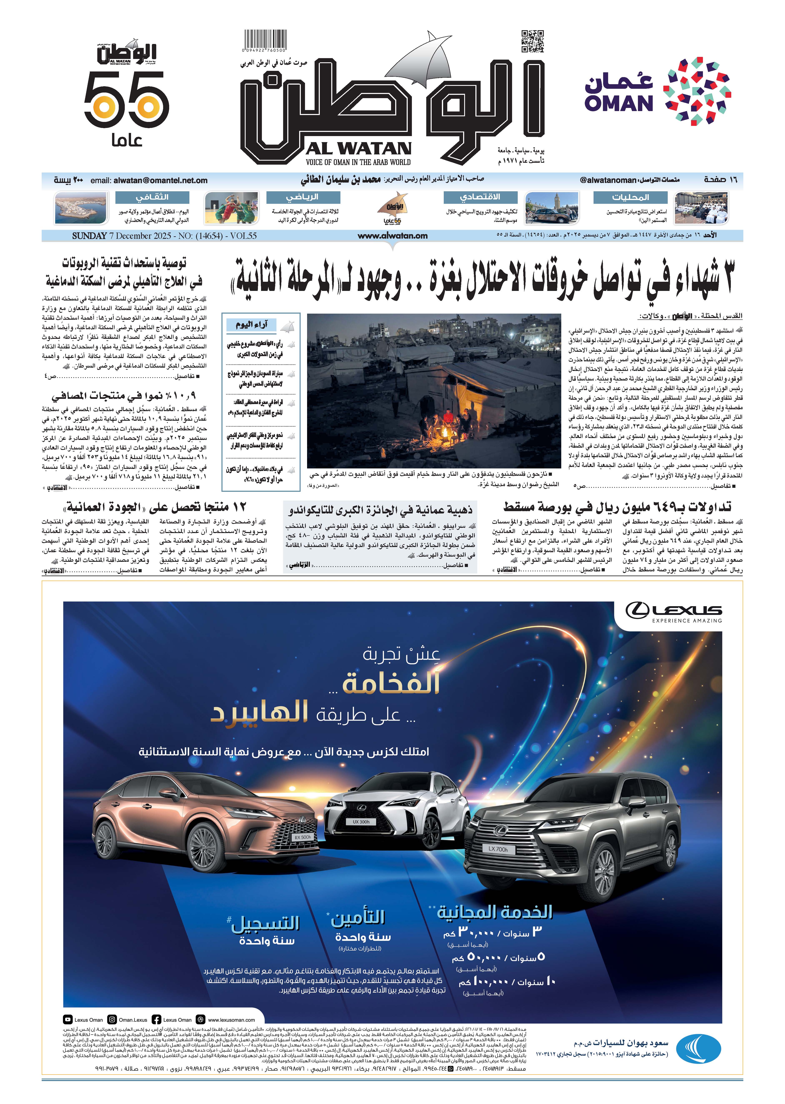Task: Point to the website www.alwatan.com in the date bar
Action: (392, 236)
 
